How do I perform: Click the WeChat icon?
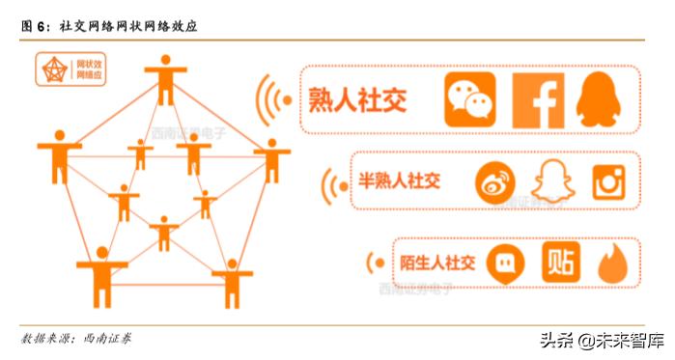coord(470,98)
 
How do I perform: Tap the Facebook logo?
coord(537,99)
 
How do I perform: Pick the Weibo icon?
coord(495,181)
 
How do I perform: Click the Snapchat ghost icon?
coord(552,181)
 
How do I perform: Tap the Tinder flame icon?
coord(612,263)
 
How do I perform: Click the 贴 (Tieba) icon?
coord(560,263)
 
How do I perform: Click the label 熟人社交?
coord(356,98)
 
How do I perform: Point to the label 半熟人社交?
coord(399,180)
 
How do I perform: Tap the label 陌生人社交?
coord(437,262)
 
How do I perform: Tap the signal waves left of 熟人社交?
coord(275,98)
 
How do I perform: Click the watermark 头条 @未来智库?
coord(599,340)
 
